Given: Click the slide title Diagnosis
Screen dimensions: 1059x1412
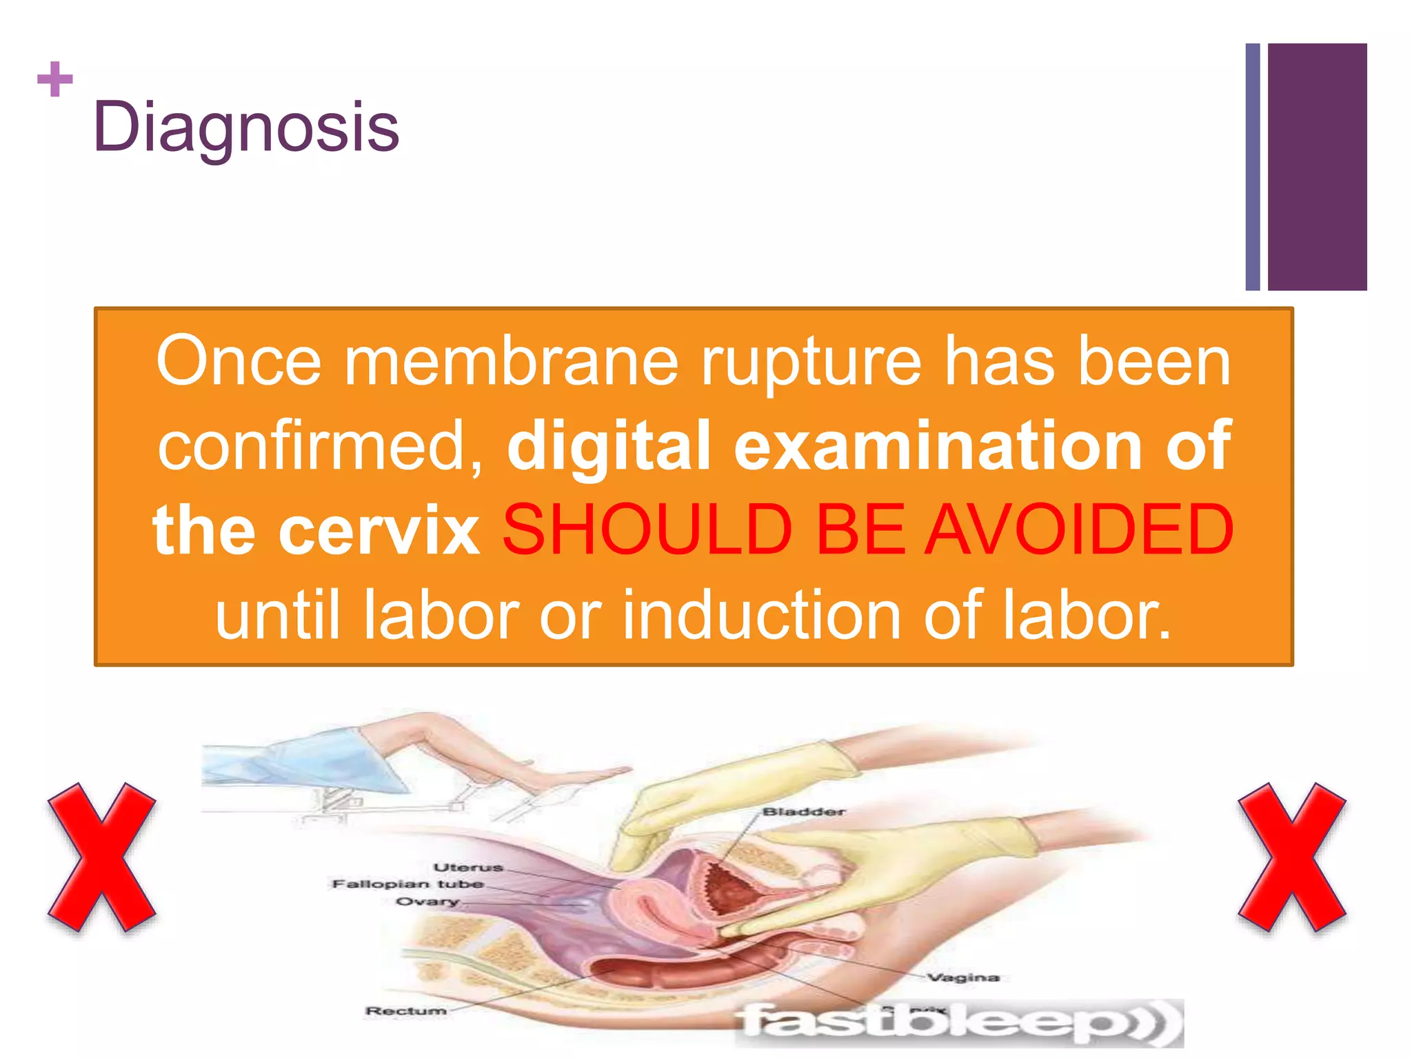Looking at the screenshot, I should pos(246,128).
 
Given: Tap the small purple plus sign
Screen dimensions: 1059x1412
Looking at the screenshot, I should pos(55,79).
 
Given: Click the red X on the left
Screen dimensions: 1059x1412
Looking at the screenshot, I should pos(101,857).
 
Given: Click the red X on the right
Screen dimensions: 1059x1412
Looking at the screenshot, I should pos(1291,857).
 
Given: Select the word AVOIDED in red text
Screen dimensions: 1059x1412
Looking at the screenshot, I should pos(1079,529).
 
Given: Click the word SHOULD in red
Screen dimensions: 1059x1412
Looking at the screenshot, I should pos(647,529).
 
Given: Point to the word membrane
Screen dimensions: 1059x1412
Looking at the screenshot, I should pos(511,361).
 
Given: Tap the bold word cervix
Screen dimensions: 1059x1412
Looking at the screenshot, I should pos(379,529).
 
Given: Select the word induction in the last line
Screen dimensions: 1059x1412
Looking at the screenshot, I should pos(762,614).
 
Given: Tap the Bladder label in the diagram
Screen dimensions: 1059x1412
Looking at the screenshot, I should pos(803,812).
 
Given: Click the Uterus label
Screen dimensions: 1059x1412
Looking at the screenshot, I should pos(468,867).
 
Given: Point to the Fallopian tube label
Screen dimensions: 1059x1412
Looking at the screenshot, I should pos(407,884).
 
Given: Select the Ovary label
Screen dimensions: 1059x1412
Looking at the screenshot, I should pos(427,901).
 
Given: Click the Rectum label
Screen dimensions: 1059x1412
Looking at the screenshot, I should pos(405,1011).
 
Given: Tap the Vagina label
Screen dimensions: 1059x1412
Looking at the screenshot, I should pos(963,978).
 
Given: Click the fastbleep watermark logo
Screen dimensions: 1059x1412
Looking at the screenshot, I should pos(958,1022).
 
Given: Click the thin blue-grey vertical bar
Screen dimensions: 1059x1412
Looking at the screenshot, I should pos(1253,167).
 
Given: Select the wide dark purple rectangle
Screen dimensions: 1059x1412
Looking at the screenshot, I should pos(1317,167).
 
